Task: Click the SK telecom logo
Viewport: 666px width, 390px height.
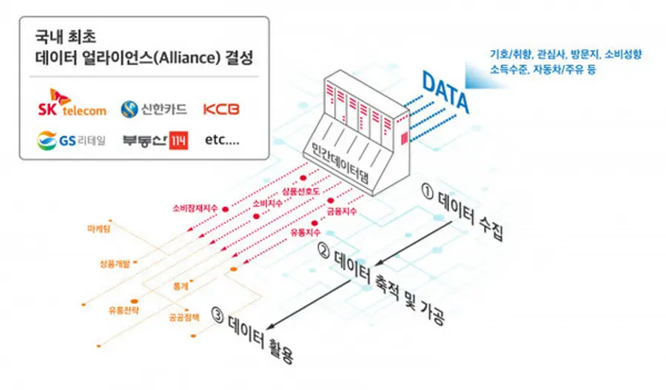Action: pyautogui.click(x=72, y=105)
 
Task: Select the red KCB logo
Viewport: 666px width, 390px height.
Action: pyautogui.click(x=221, y=109)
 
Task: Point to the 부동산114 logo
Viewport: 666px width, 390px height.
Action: pyautogui.click(x=155, y=139)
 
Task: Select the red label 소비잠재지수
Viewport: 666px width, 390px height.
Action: pyautogui.click(x=195, y=208)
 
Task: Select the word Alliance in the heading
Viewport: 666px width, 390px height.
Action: pyautogui.click(x=192, y=58)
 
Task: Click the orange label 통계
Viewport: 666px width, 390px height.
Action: pyautogui.click(x=181, y=283)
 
